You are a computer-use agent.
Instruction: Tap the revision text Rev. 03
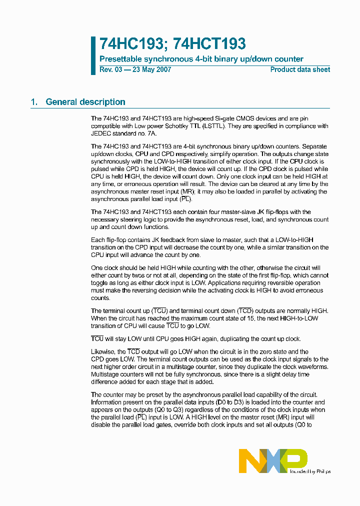110,69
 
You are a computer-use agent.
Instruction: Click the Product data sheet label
300,69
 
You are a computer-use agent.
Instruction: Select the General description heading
85,102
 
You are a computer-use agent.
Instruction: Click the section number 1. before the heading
34,102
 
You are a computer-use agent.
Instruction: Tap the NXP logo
272,460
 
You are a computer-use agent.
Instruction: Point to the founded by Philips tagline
310,471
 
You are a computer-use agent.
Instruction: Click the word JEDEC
102,134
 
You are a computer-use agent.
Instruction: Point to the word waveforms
312,367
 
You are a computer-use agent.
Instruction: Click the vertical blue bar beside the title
93,55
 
